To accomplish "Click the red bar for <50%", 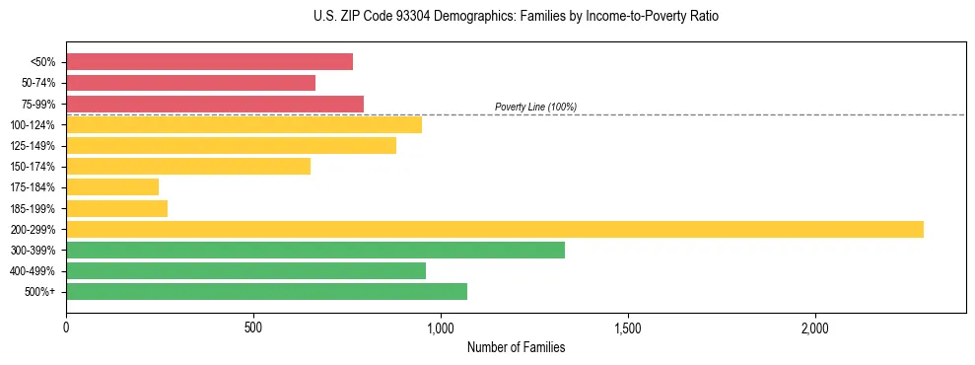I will point(209,62).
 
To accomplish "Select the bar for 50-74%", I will point(190,83).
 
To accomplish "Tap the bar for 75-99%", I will point(215,104).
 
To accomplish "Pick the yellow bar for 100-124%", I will point(244,124).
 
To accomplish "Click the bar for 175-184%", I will point(112,187).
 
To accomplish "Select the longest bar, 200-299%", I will point(495,229).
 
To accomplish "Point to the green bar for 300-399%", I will point(315,250).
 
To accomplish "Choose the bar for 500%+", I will point(266,292).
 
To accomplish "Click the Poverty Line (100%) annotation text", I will point(535,107).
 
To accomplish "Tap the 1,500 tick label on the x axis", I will point(628,328).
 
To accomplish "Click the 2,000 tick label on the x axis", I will point(815,328).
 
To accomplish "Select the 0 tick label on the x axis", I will point(66,328).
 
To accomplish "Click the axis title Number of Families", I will point(516,348).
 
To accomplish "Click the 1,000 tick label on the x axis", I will point(441,328).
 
